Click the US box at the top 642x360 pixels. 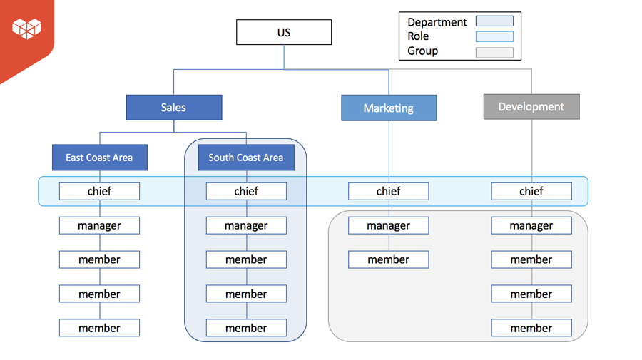point(284,33)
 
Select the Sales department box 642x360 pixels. point(173,108)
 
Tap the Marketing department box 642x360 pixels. point(389,108)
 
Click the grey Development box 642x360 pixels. point(531,107)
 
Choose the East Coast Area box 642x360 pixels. point(99,158)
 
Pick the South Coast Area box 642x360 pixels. point(246,158)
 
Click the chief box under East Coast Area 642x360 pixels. point(99,191)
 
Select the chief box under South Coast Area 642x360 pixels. point(246,191)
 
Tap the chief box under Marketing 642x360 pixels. point(389,191)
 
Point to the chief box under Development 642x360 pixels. point(531,191)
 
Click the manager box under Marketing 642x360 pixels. point(389,225)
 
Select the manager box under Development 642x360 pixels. point(531,225)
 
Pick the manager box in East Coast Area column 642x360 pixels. point(99,225)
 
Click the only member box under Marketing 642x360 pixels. point(389,259)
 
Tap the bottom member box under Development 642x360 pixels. point(531,328)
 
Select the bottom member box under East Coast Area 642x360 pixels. point(99,328)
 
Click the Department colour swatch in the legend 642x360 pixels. point(494,21)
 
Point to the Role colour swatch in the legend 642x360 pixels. point(494,36)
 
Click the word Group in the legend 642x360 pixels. point(422,51)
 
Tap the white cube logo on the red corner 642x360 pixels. point(26,28)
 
